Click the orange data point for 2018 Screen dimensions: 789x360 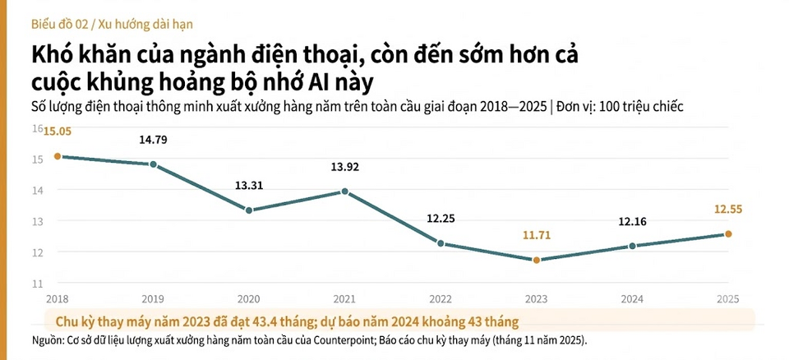(x=58, y=156)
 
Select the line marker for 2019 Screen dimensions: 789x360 (x=154, y=164)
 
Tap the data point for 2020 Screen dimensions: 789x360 (x=249, y=210)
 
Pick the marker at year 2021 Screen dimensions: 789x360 (x=344, y=192)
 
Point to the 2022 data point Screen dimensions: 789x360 (x=441, y=243)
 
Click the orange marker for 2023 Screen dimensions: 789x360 (x=537, y=260)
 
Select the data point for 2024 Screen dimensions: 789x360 (x=633, y=246)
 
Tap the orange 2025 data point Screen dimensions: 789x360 (x=728, y=233)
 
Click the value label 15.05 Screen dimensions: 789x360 (x=58, y=132)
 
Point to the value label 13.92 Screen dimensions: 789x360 (x=344, y=167)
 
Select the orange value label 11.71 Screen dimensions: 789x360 (x=537, y=236)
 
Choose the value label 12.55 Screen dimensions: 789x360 (x=728, y=210)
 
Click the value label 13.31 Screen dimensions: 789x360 (x=249, y=185)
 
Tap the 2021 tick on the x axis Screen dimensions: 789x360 (x=344, y=299)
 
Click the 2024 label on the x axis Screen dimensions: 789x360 (x=632, y=299)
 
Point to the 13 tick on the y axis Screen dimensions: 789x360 (x=39, y=221)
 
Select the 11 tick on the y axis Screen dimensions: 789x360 (x=39, y=284)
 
